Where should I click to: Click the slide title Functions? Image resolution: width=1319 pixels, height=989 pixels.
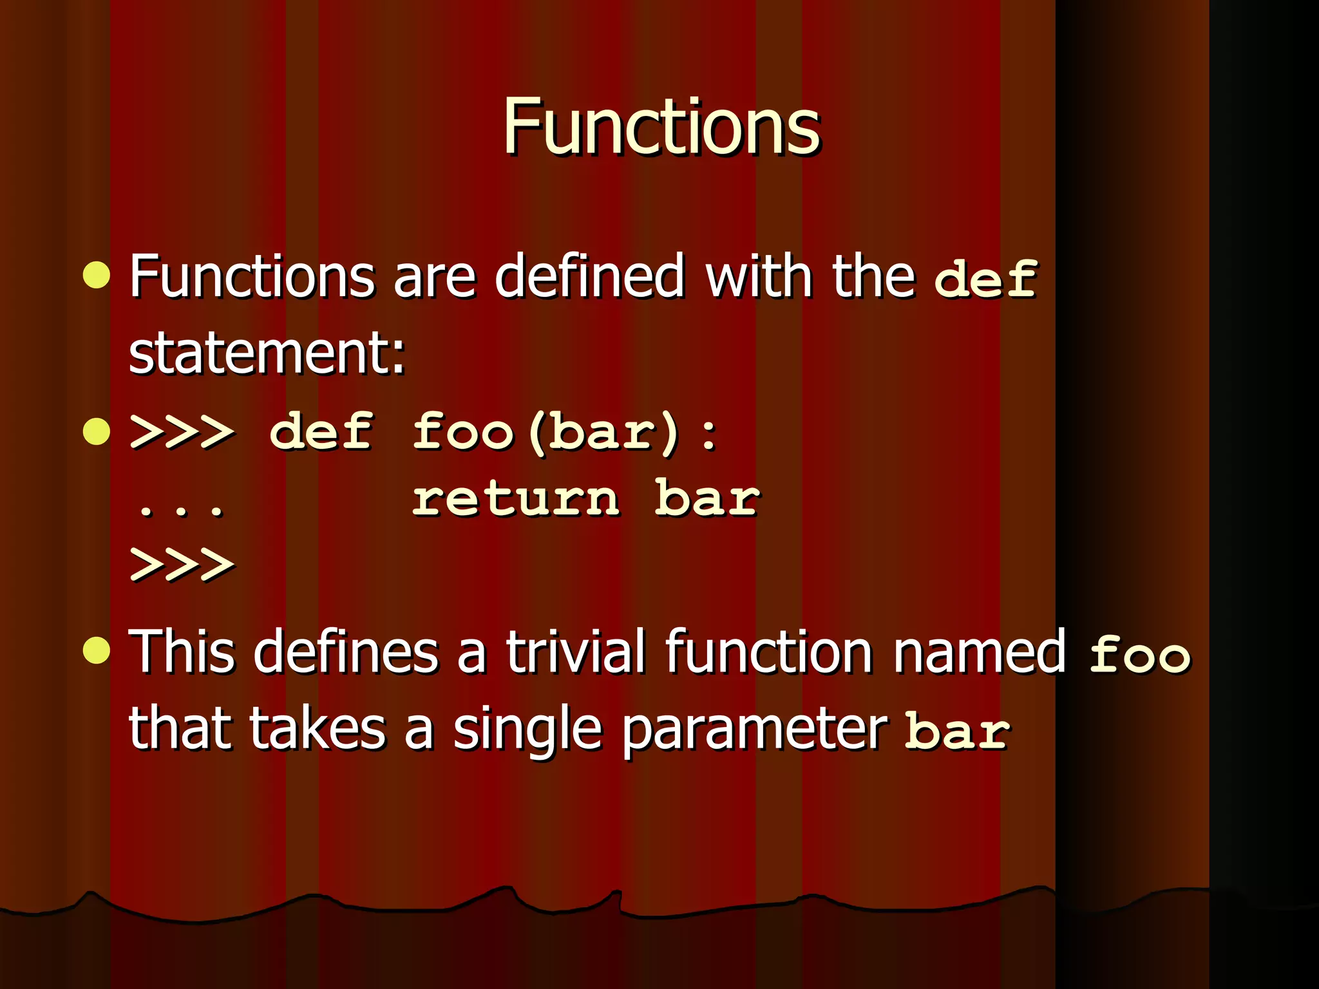[x=661, y=127]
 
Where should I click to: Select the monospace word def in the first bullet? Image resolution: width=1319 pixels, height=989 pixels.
[x=985, y=279]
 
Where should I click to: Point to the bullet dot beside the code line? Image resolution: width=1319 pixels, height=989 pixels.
[x=97, y=431]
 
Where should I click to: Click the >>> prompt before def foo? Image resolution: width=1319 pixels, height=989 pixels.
[x=182, y=431]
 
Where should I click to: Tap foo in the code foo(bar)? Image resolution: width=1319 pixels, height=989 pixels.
[x=462, y=431]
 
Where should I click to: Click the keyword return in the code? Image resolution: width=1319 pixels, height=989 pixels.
[x=515, y=498]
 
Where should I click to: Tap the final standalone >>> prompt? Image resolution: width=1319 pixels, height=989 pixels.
[x=182, y=565]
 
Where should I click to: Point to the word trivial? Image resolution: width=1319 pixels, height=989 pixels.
[x=575, y=652]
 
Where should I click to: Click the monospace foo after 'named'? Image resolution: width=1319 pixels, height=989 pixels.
[x=1139, y=654]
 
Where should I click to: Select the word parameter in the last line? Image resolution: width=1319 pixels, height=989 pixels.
[x=755, y=730]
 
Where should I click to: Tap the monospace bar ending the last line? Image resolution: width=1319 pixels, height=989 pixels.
[x=956, y=731]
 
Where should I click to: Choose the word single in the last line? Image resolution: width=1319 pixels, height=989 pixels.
[x=527, y=730]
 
